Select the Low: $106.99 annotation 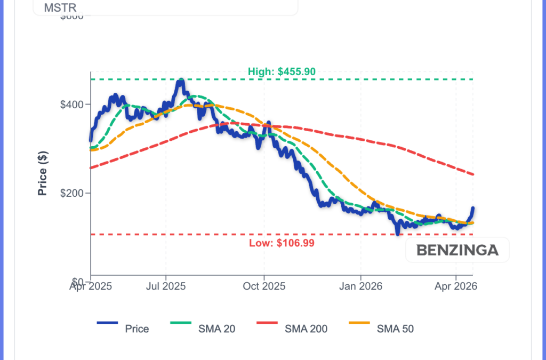point(282,243)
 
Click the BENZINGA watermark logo point(457,250)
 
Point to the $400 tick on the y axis point(73,104)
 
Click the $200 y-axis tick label point(73,193)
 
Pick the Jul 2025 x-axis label point(165,286)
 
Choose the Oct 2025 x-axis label point(264,286)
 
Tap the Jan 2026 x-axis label point(360,286)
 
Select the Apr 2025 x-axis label point(90,286)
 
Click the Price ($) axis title point(43,173)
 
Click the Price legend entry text point(137,329)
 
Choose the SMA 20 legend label point(216,329)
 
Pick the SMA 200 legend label point(306,329)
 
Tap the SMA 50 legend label point(395,329)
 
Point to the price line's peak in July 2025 point(181,81)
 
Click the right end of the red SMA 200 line point(473,174)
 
